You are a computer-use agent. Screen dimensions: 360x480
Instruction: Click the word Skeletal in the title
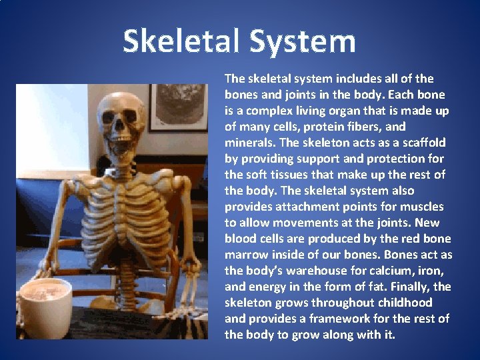tap(181, 41)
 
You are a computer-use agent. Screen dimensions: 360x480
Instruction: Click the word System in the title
tap(303, 41)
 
